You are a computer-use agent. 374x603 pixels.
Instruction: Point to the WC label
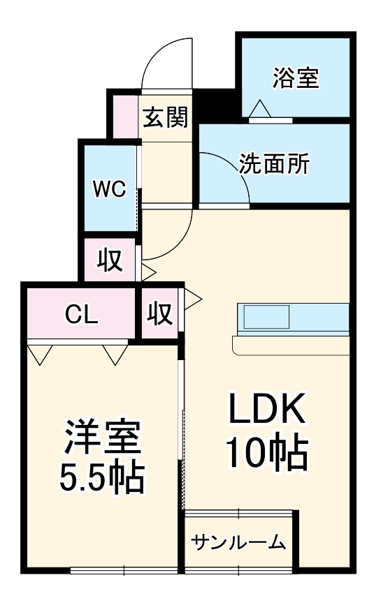click(110, 188)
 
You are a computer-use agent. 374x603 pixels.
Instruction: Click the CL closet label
click(82, 315)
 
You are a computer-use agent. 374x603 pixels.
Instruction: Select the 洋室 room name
click(103, 438)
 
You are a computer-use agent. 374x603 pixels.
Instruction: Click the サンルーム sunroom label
click(238, 542)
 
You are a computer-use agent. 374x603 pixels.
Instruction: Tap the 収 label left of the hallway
click(110, 260)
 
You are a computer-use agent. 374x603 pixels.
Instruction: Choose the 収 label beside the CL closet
click(159, 315)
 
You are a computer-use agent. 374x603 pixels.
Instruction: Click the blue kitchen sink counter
click(292, 318)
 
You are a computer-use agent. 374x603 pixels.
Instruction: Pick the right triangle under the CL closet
click(114, 354)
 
